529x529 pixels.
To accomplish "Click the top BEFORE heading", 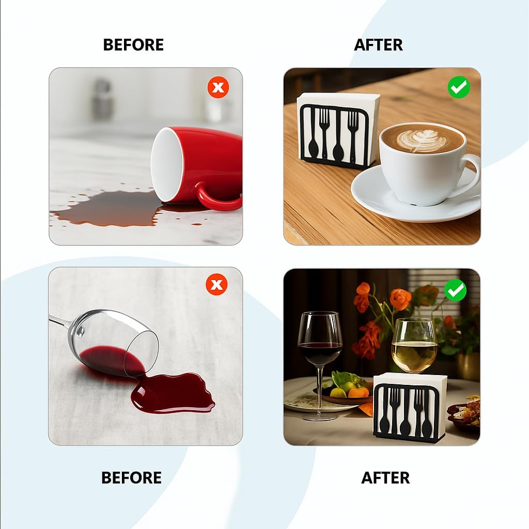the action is tap(133, 45).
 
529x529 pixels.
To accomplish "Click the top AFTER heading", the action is tap(378, 45).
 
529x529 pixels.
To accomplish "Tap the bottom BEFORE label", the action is tap(132, 478).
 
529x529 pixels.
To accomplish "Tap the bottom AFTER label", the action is tap(385, 478).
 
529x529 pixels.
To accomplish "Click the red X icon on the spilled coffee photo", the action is tap(219, 87).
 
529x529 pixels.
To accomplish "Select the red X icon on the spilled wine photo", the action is tap(216, 285).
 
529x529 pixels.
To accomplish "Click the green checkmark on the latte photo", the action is tap(459, 87).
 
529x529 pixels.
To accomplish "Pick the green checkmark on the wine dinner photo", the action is tap(455, 290).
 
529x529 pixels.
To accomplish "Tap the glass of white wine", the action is tap(414, 346).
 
